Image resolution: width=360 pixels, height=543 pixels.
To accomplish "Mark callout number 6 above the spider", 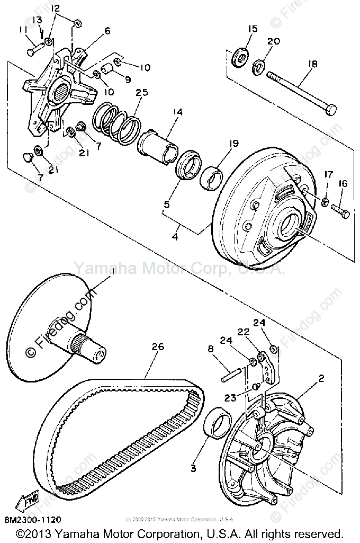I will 107,31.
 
